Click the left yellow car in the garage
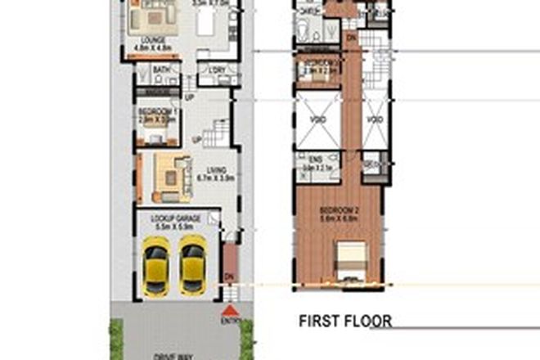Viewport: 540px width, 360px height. pyautogui.click(x=155, y=265)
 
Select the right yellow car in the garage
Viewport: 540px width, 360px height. pyautogui.click(x=192, y=265)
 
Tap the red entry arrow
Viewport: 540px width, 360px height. pyautogui.click(x=230, y=311)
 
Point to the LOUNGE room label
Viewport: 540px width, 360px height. pyautogui.click(x=153, y=40)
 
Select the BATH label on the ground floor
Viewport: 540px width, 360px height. pyautogui.click(x=161, y=70)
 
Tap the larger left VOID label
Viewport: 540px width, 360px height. pyautogui.click(x=316, y=120)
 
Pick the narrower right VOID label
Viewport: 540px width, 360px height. pyautogui.click(x=374, y=120)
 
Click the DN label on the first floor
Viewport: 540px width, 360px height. pyautogui.click(x=352, y=37)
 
